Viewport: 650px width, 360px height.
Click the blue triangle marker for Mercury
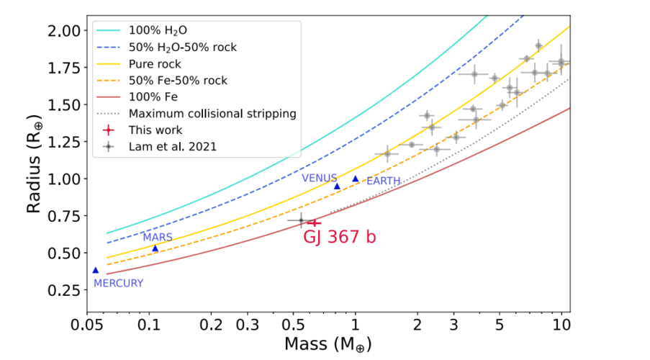(95, 270)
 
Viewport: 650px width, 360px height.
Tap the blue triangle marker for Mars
(155, 248)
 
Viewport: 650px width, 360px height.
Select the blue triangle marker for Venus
(337, 186)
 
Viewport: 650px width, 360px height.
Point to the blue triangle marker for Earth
(355, 179)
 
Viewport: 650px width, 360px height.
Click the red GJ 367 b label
(338, 238)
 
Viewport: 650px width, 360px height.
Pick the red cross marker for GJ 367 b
(314, 222)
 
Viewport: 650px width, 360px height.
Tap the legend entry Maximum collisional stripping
(212, 113)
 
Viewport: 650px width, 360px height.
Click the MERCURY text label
(118, 283)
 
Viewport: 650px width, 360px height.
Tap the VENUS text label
(319, 177)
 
